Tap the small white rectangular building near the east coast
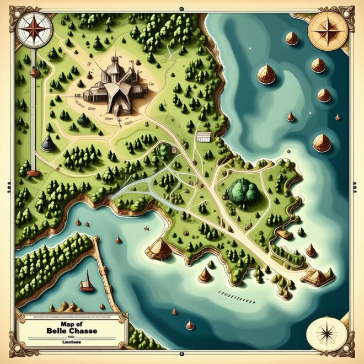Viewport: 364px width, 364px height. (204, 137)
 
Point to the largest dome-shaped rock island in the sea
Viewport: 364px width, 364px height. (266, 74)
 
